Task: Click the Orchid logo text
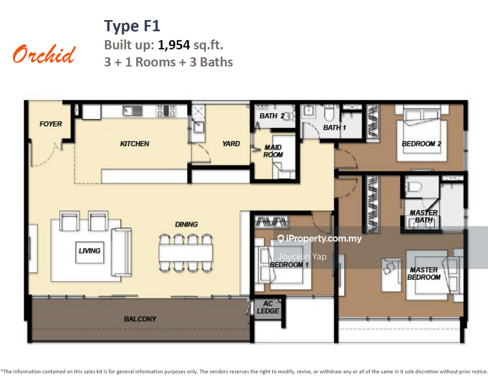click(44, 54)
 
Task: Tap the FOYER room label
click(51, 124)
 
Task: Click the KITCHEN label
click(134, 144)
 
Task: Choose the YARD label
click(231, 144)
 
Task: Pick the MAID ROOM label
click(273, 151)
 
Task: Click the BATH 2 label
click(273, 116)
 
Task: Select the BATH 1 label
click(334, 128)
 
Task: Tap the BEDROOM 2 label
click(422, 144)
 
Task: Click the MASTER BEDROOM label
click(425, 273)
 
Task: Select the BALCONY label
click(140, 318)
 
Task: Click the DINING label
click(186, 224)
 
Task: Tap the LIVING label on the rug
click(89, 250)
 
